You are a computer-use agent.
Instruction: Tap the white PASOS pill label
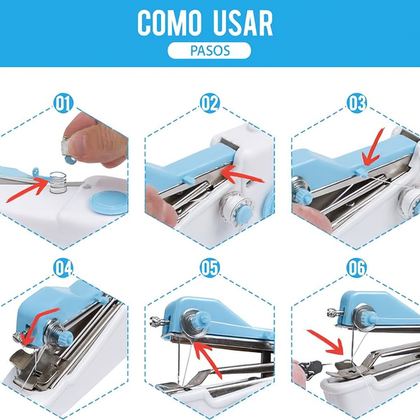[x=209, y=50]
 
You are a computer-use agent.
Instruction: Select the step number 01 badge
[x=63, y=103]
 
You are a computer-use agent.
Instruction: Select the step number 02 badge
[x=210, y=103]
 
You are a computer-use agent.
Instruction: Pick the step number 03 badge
[x=356, y=103]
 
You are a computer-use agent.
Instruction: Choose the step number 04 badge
[x=63, y=268]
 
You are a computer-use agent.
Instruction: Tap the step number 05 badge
[x=210, y=268]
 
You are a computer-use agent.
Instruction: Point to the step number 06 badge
[x=356, y=268]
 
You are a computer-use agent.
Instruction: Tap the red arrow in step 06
[x=325, y=343]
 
